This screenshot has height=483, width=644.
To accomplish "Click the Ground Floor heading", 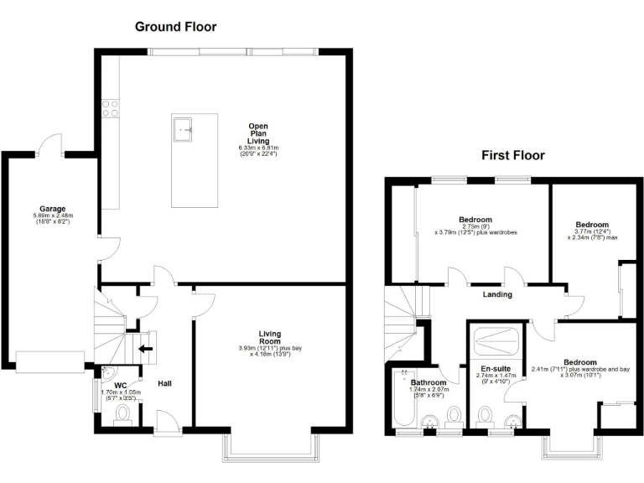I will click(x=176, y=27).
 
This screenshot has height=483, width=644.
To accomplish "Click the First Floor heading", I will click(x=512, y=155).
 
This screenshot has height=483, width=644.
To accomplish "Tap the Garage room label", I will click(x=52, y=209).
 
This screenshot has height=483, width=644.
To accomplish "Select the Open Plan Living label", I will click(x=258, y=134).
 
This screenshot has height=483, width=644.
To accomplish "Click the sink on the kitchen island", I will click(x=184, y=129).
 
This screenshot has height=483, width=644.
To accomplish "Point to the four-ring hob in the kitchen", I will click(x=109, y=106).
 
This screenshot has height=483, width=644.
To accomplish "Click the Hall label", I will click(x=165, y=383).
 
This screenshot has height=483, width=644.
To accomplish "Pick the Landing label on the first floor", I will click(x=498, y=294).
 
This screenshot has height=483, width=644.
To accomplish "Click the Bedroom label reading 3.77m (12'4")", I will click(x=591, y=224).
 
